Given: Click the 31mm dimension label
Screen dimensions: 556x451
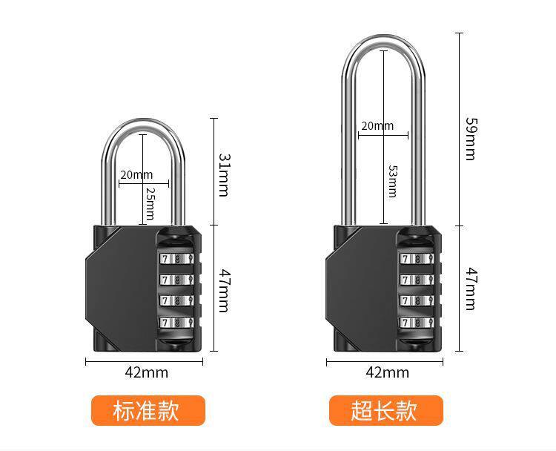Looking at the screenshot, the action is pos(223,175).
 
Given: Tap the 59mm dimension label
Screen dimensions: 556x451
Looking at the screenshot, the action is pos(470,138).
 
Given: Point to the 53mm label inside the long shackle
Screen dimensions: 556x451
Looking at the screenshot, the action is pos(392,181).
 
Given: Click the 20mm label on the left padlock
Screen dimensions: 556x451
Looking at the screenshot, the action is pos(136,175).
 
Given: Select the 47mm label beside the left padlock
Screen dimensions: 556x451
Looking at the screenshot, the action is pos(223,289).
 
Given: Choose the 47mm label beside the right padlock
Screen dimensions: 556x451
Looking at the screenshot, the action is pos(470,289).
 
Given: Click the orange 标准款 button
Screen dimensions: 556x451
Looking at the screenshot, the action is pos(147,410).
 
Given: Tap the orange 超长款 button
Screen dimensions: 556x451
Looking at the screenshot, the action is pos(385,410).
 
